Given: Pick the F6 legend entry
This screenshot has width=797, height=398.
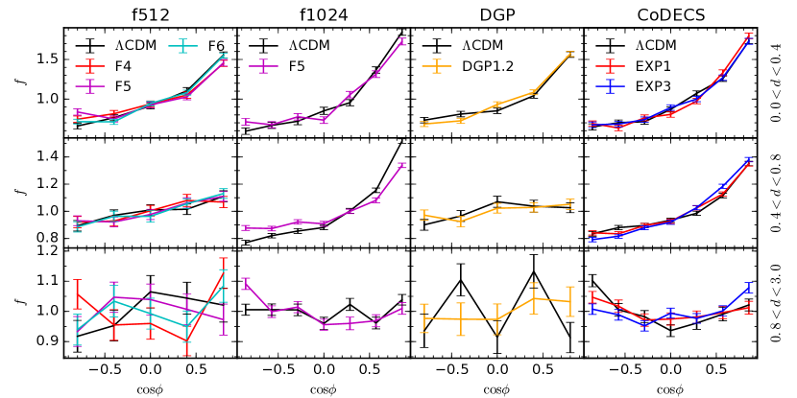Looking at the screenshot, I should point(215,46).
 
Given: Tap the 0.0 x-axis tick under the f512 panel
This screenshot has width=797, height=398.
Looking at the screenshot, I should point(150,368).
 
